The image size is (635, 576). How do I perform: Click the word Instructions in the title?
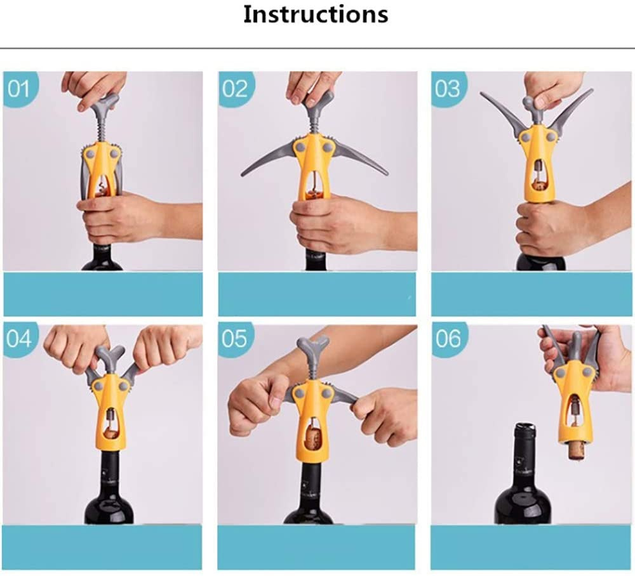click(x=316, y=15)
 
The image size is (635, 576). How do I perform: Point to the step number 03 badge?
click(x=448, y=89)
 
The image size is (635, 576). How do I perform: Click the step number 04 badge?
click(x=20, y=339)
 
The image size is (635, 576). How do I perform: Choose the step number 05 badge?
click(x=235, y=339)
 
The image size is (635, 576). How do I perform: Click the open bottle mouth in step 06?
click(x=526, y=427)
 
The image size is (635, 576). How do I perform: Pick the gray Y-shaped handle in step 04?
click(x=110, y=357)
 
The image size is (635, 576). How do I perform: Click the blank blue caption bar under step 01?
click(x=103, y=294)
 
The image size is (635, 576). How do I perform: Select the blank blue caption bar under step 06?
click(x=531, y=547)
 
